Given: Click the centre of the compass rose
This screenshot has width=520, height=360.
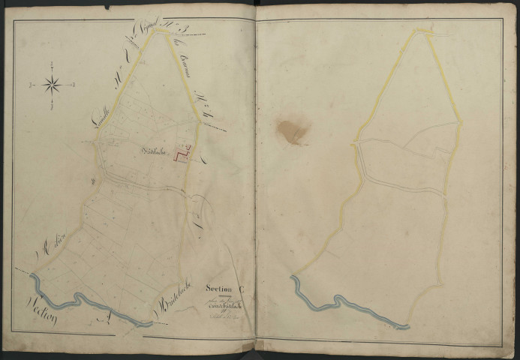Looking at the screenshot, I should tap(53, 84).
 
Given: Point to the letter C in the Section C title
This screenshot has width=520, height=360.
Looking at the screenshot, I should tap(241, 287).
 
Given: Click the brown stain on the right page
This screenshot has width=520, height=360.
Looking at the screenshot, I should tap(293, 132).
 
